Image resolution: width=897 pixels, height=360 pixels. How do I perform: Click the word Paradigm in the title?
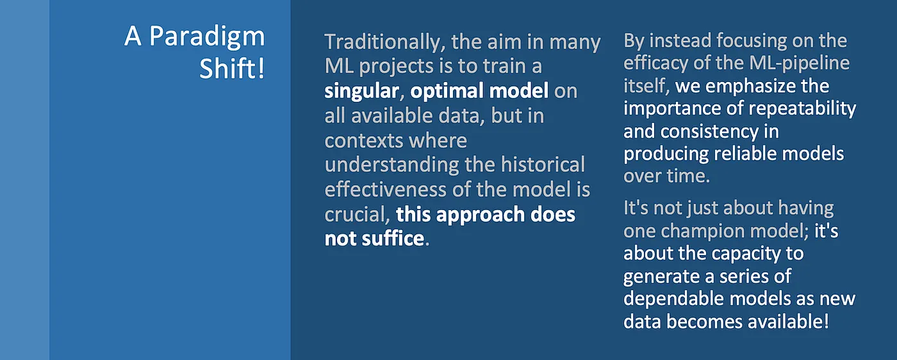click(x=207, y=37)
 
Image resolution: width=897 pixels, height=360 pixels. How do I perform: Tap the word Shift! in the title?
click(x=232, y=69)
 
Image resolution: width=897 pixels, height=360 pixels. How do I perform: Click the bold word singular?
click(x=361, y=91)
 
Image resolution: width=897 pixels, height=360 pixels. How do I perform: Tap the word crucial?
click(x=357, y=214)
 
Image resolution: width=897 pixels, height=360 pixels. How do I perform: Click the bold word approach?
click(x=480, y=214)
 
